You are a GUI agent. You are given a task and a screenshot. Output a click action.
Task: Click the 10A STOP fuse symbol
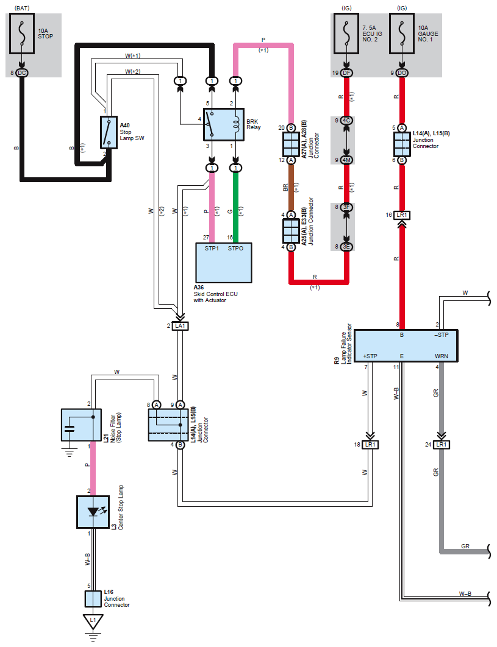click(x=22, y=34)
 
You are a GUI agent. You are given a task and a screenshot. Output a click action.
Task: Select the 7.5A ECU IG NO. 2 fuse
click(x=346, y=34)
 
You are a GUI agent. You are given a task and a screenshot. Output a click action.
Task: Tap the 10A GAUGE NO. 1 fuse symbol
click(x=402, y=34)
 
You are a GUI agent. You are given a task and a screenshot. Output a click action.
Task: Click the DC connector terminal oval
click(x=22, y=73)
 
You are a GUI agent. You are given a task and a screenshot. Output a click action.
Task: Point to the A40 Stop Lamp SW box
click(x=109, y=132)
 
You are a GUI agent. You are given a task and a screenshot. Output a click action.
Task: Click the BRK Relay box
click(x=224, y=125)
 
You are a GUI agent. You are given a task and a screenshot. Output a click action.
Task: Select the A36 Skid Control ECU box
click(x=224, y=263)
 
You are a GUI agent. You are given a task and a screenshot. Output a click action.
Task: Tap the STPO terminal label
click(x=235, y=249)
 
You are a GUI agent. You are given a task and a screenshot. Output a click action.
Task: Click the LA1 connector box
click(x=181, y=326)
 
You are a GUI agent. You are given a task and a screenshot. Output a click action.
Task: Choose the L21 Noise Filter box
click(x=81, y=425)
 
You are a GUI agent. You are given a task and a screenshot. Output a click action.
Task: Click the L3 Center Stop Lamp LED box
click(x=93, y=512)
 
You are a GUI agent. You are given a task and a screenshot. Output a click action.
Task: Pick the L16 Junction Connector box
click(x=93, y=599)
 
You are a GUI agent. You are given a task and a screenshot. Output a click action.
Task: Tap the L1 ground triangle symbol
click(x=93, y=621)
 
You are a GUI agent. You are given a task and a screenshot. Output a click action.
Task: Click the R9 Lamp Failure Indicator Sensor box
click(x=406, y=346)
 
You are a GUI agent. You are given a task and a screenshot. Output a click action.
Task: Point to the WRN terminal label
click(x=442, y=356)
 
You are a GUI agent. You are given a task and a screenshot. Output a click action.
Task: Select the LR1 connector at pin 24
click(x=442, y=445)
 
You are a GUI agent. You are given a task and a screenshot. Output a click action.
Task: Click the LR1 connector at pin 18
click(x=370, y=445)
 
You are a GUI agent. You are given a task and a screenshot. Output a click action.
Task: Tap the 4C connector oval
click(x=346, y=121)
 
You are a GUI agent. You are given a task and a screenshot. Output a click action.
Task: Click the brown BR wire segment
click(x=291, y=188)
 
